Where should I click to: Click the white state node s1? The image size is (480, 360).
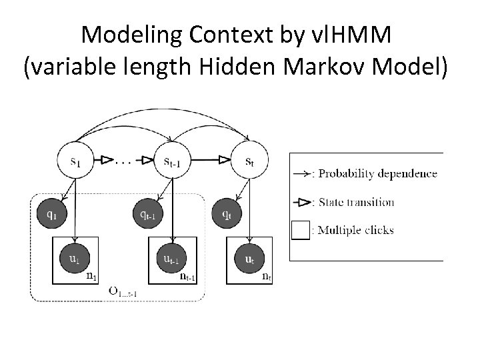point(78,161)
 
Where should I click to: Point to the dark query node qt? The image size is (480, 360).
point(227,215)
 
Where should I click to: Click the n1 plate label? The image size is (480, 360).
point(93,276)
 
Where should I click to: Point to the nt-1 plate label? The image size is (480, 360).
point(188,276)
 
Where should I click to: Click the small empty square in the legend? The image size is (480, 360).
point(301,230)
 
